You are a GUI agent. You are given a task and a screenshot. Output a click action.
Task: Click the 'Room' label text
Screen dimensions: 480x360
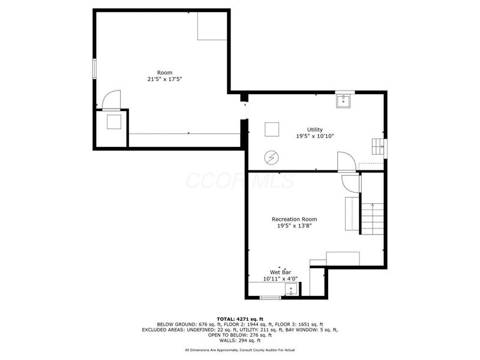click(164, 73)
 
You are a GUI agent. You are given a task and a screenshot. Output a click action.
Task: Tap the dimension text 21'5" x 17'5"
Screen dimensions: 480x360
click(164, 79)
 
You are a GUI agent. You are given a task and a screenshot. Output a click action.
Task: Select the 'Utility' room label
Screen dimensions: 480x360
click(314, 130)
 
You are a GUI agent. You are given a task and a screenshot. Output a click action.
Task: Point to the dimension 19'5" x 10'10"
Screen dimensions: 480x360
click(314, 136)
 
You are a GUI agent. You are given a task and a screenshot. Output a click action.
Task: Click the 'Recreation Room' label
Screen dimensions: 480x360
click(294, 219)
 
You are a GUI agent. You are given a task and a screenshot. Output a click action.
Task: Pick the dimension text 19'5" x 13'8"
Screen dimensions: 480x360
click(294, 226)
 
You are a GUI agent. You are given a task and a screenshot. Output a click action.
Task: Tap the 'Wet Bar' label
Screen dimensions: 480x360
click(280, 272)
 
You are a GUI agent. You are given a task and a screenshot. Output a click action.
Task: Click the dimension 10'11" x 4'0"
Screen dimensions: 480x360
click(280, 279)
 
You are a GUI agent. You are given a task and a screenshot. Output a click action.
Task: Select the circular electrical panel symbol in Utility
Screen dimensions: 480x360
click(272, 158)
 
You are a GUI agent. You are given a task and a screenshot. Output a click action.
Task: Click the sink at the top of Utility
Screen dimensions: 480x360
click(344, 101)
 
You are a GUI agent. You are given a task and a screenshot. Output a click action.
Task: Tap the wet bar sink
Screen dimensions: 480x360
click(291, 289)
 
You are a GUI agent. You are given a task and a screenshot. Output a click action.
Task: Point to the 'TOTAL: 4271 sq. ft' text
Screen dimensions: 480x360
click(240, 319)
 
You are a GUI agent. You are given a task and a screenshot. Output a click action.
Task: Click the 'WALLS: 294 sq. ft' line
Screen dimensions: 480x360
click(240, 340)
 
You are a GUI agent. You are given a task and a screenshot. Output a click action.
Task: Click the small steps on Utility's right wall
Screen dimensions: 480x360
click(378, 146)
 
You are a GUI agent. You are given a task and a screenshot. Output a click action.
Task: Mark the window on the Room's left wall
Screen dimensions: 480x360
click(95, 69)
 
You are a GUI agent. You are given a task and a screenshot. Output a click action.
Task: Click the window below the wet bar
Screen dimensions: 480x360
click(271, 297)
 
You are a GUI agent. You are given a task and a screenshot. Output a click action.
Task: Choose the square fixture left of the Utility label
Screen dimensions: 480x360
click(272, 129)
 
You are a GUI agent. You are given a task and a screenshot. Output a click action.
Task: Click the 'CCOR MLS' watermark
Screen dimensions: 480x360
click(241, 181)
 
